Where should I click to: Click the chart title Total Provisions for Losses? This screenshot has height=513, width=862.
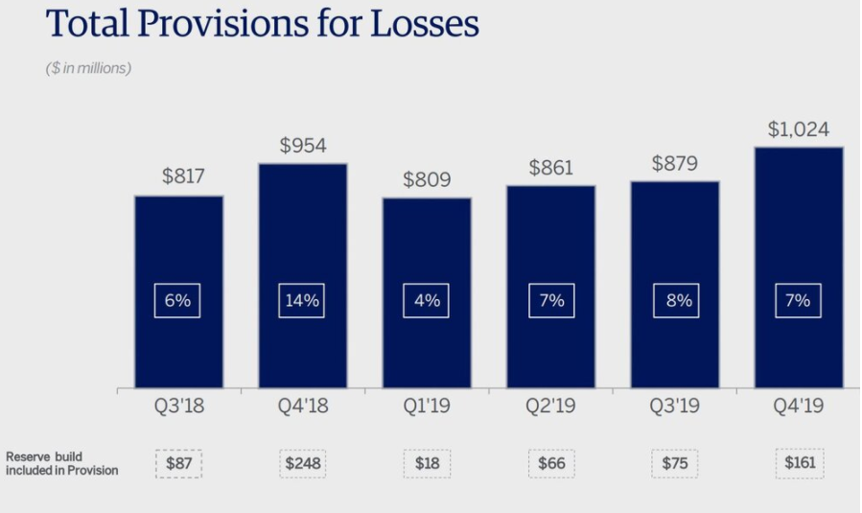[262, 23]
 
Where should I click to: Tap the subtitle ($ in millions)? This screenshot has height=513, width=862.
[88, 68]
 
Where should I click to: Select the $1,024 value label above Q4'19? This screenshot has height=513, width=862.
[798, 129]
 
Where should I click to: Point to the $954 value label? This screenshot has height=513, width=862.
[303, 146]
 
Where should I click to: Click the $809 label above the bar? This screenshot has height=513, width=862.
[427, 179]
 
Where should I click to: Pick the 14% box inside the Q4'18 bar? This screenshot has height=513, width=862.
[301, 300]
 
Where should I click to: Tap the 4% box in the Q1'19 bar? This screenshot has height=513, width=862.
[426, 300]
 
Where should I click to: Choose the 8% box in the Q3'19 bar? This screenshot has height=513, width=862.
[676, 300]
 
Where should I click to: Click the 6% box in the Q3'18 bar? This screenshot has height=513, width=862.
[177, 300]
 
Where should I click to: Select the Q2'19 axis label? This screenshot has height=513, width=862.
[550, 406]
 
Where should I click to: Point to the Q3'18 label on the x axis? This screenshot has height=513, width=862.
[178, 406]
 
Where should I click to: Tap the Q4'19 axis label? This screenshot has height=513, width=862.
[798, 406]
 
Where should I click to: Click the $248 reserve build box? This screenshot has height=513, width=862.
[303, 463]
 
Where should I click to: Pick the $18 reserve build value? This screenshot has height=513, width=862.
[427, 463]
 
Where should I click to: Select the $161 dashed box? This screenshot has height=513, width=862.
[800, 463]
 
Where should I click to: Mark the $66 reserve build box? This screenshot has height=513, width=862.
[551, 463]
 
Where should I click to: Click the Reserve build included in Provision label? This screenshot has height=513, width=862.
[61, 463]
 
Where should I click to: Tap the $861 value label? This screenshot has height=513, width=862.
[550, 168]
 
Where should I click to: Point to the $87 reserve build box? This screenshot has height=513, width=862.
[178, 463]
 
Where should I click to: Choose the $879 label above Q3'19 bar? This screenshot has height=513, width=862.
[674, 163]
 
